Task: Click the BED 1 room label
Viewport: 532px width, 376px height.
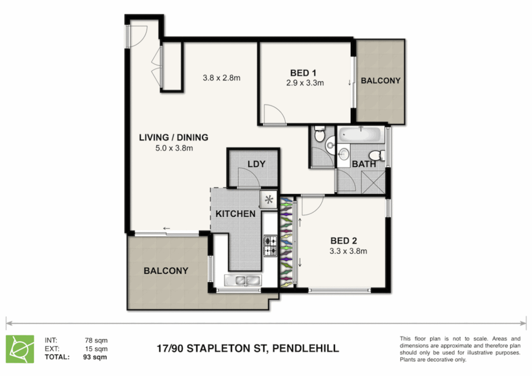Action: pyautogui.click(x=303, y=73)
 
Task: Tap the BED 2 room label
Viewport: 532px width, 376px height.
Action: pyautogui.click(x=344, y=241)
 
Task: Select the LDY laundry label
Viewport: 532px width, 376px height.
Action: pyautogui.click(x=256, y=164)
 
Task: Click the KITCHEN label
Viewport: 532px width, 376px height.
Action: pyautogui.click(x=236, y=214)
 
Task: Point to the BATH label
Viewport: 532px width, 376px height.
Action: pyautogui.click(x=364, y=164)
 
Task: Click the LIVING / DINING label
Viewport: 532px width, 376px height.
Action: pyautogui.click(x=174, y=138)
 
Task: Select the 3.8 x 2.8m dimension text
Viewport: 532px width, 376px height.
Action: pyautogui.click(x=222, y=78)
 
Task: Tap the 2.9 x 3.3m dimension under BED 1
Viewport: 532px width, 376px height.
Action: pyautogui.click(x=305, y=83)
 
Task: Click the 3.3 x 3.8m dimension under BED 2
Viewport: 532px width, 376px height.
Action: pyautogui.click(x=348, y=251)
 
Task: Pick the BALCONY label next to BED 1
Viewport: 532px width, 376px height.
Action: pyautogui.click(x=380, y=81)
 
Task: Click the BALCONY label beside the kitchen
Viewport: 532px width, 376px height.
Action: pyautogui.click(x=166, y=271)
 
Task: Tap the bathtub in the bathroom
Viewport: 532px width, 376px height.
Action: pyautogui.click(x=361, y=135)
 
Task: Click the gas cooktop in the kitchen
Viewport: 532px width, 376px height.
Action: pyautogui.click(x=270, y=246)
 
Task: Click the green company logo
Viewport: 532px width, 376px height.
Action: pyautogui.click(x=20, y=349)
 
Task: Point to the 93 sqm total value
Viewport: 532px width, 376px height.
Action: pyautogui.click(x=95, y=357)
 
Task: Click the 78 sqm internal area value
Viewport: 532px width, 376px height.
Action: pyautogui.click(x=96, y=340)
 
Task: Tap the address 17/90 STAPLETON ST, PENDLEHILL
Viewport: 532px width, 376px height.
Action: pyautogui.click(x=248, y=348)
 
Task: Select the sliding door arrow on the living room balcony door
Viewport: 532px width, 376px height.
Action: pyautogui.click(x=167, y=228)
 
